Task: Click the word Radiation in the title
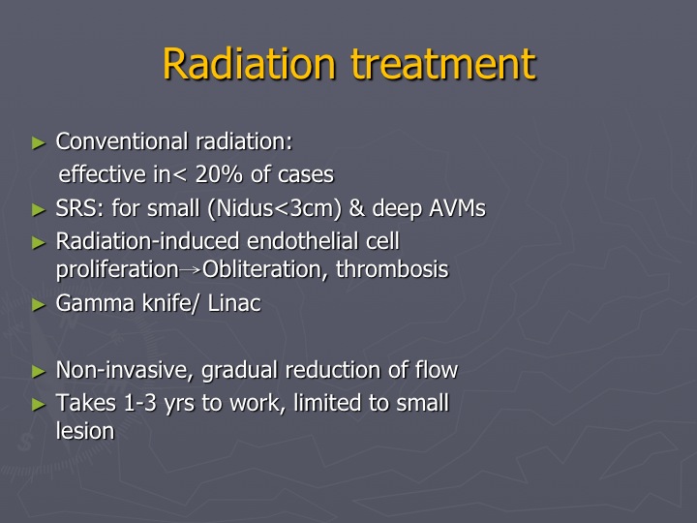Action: click(x=249, y=64)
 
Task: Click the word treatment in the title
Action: click(x=443, y=64)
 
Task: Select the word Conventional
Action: click(x=122, y=141)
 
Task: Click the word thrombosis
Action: click(x=392, y=269)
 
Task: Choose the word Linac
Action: click(x=234, y=303)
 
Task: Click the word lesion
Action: click(x=85, y=430)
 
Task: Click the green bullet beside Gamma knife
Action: click(x=39, y=305)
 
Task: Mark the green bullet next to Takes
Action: click(x=39, y=405)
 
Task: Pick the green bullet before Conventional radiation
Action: click(x=39, y=143)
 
